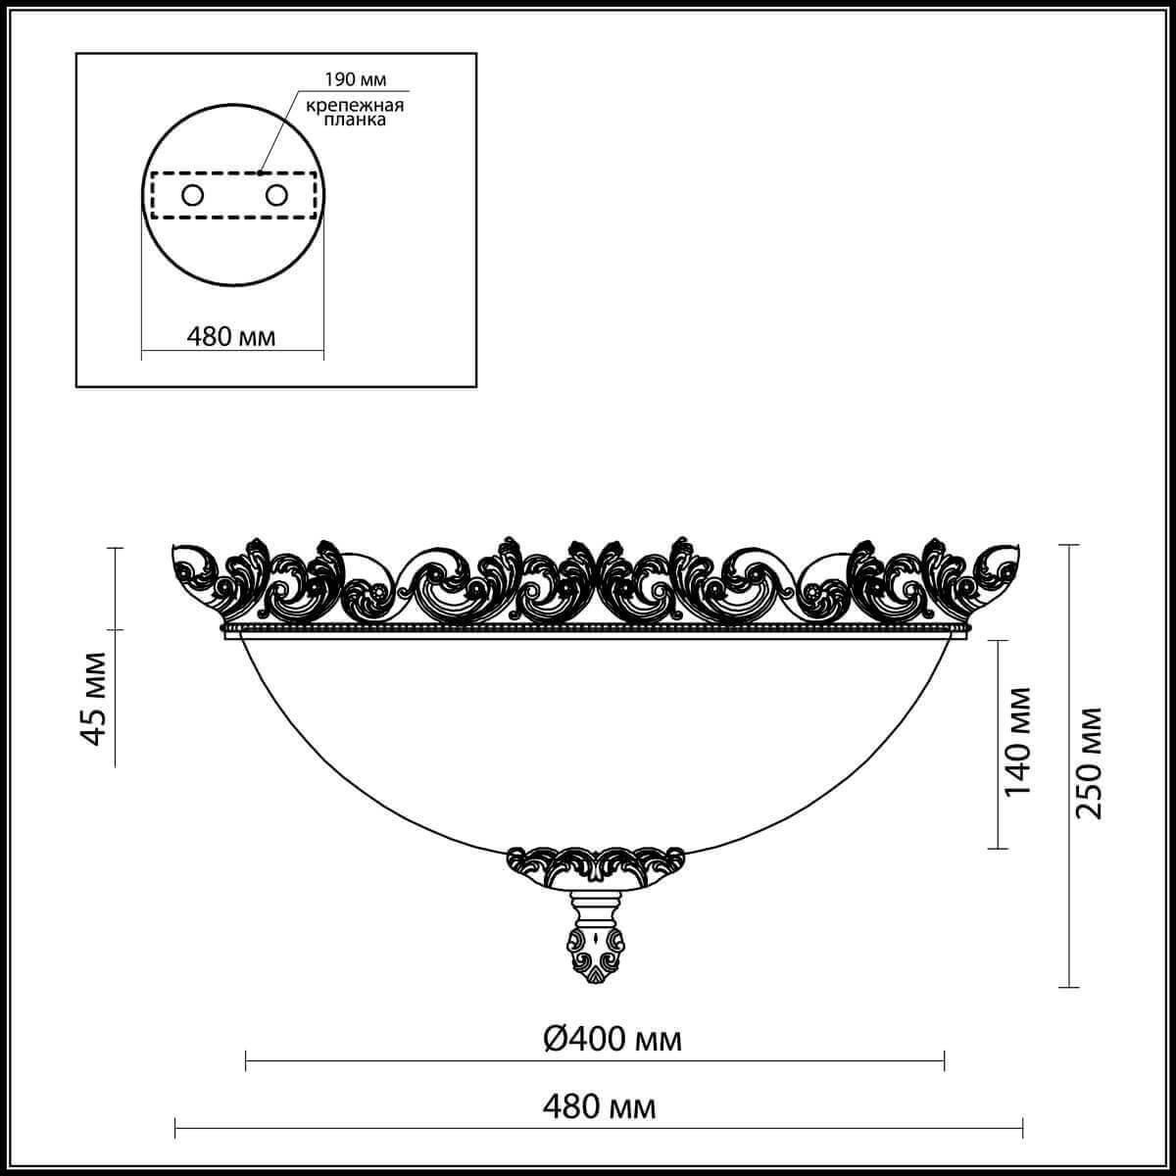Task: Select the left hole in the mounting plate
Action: point(192,195)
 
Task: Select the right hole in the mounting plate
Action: point(277,195)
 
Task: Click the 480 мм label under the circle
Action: point(231,336)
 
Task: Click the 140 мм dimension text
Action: point(1018,741)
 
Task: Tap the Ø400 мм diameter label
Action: point(612,1039)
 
